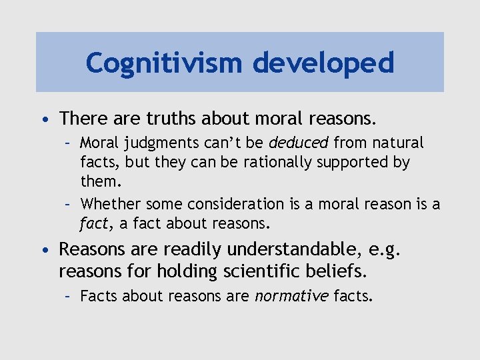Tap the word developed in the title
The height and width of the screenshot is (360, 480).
tap(324, 63)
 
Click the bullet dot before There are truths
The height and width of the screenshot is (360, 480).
tap(44, 120)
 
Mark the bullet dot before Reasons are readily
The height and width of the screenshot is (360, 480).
tap(44, 251)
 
